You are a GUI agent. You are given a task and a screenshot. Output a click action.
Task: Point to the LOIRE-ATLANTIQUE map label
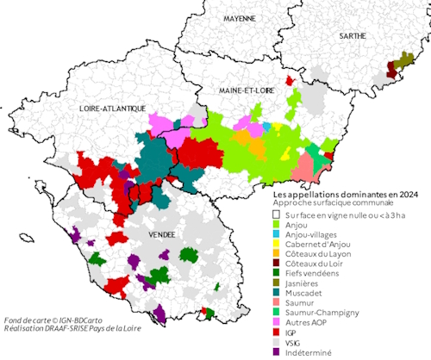tap(101, 110)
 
